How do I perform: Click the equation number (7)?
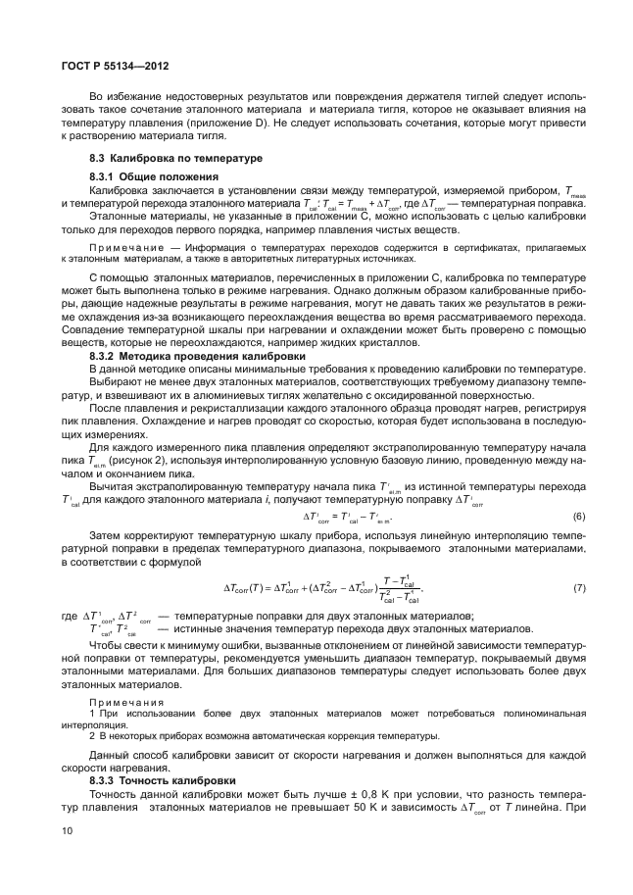(x=578, y=588)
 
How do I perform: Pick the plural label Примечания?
(x=121, y=703)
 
